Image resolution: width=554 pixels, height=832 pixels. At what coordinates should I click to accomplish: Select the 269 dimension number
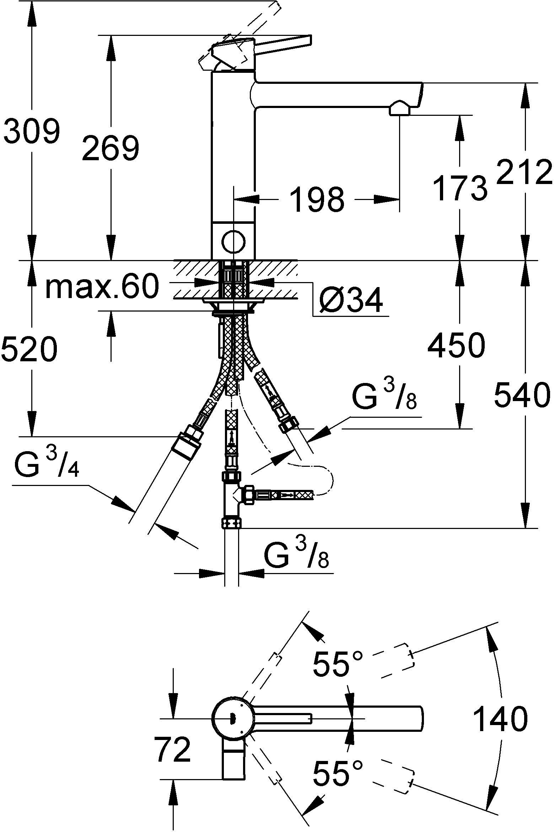(110, 148)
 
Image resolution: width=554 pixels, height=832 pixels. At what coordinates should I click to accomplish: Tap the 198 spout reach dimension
(317, 200)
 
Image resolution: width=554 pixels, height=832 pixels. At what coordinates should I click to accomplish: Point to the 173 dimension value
(460, 188)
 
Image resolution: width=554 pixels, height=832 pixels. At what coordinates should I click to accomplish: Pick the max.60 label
(102, 287)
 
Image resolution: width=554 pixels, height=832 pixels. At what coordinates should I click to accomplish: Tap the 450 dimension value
(456, 346)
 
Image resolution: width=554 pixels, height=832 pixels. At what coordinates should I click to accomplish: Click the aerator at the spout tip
(400, 108)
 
